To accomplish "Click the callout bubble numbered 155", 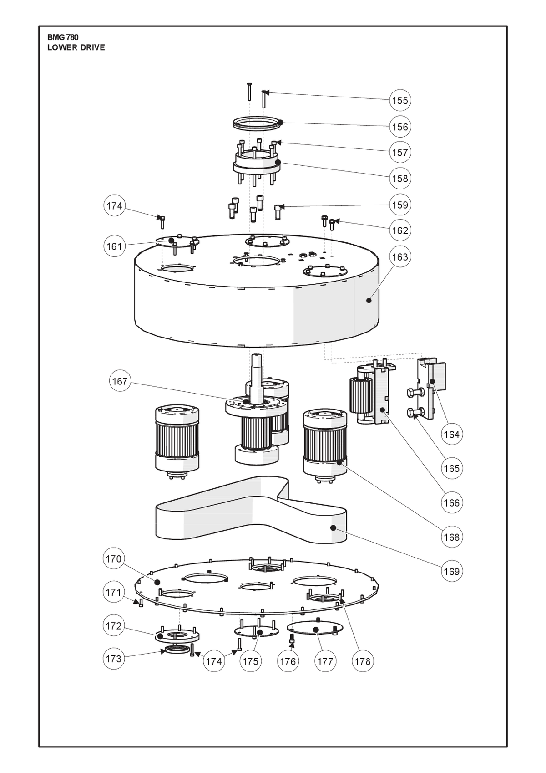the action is pos(400,100).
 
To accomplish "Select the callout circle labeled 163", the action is pos(400,257).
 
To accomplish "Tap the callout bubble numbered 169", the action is pos(451,572).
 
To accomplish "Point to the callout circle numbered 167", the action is pos(120,381).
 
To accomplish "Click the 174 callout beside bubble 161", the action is pos(114,206).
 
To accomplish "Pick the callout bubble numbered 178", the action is pos(363,661).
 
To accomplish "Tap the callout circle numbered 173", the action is pos(113,659).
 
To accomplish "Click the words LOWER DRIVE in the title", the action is pos(76,48).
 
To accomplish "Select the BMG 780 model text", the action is pos(63,37).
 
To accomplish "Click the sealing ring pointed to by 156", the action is pos(257,123).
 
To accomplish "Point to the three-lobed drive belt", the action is pos(251,510).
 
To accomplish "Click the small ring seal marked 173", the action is pos(177,650).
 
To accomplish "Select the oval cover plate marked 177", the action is pos(315,628).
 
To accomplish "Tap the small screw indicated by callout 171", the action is pos(141,603).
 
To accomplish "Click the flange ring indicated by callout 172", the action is pos(177,635).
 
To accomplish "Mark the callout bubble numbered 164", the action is pos(451,434).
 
